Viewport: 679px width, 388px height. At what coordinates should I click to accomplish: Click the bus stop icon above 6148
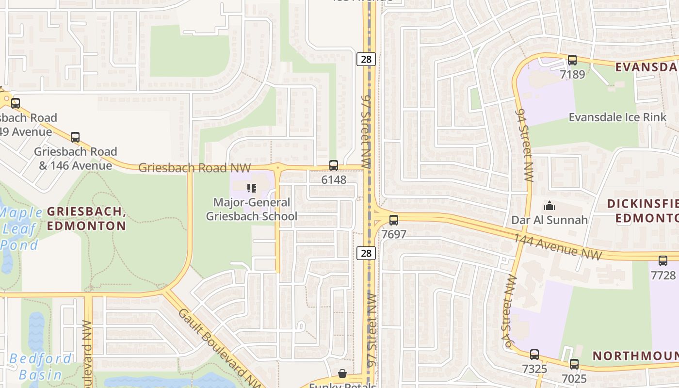click(x=334, y=165)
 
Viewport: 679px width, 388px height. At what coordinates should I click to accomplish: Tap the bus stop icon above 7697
click(x=394, y=220)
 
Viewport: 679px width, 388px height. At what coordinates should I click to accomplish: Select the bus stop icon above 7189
click(x=572, y=60)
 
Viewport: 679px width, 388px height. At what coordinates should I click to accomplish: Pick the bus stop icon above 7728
click(x=663, y=261)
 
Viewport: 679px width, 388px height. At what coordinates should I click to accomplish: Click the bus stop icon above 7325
click(x=534, y=355)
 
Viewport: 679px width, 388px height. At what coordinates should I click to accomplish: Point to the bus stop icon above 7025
click(x=574, y=364)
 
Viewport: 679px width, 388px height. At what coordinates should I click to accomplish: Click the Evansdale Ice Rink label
click(x=617, y=117)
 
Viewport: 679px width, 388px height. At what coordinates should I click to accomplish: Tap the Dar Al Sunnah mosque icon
click(x=550, y=206)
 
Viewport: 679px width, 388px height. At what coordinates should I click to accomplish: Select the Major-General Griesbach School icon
click(x=251, y=188)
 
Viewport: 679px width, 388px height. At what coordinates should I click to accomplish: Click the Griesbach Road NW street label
click(x=194, y=168)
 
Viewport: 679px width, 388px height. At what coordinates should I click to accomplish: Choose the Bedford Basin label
click(x=40, y=367)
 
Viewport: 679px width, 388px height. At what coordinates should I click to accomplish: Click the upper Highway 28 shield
click(x=366, y=59)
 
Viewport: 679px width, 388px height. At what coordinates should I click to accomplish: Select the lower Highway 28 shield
click(x=366, y=253)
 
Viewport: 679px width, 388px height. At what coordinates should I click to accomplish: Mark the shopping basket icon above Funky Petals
click(x=342, y=373)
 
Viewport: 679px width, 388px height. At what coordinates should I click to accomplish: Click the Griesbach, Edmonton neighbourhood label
click(x=86, y=219)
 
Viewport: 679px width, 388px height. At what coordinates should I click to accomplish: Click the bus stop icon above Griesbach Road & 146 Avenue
click(x=75, y=137)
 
